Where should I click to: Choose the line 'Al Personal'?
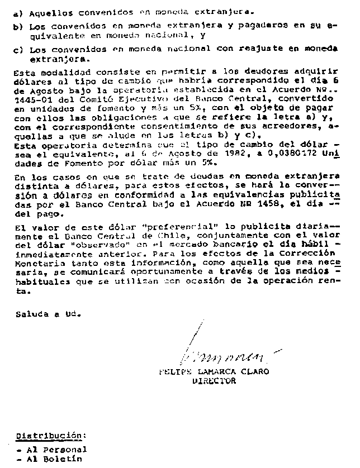pos(53,449)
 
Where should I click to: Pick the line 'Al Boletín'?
pos(50,459)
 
